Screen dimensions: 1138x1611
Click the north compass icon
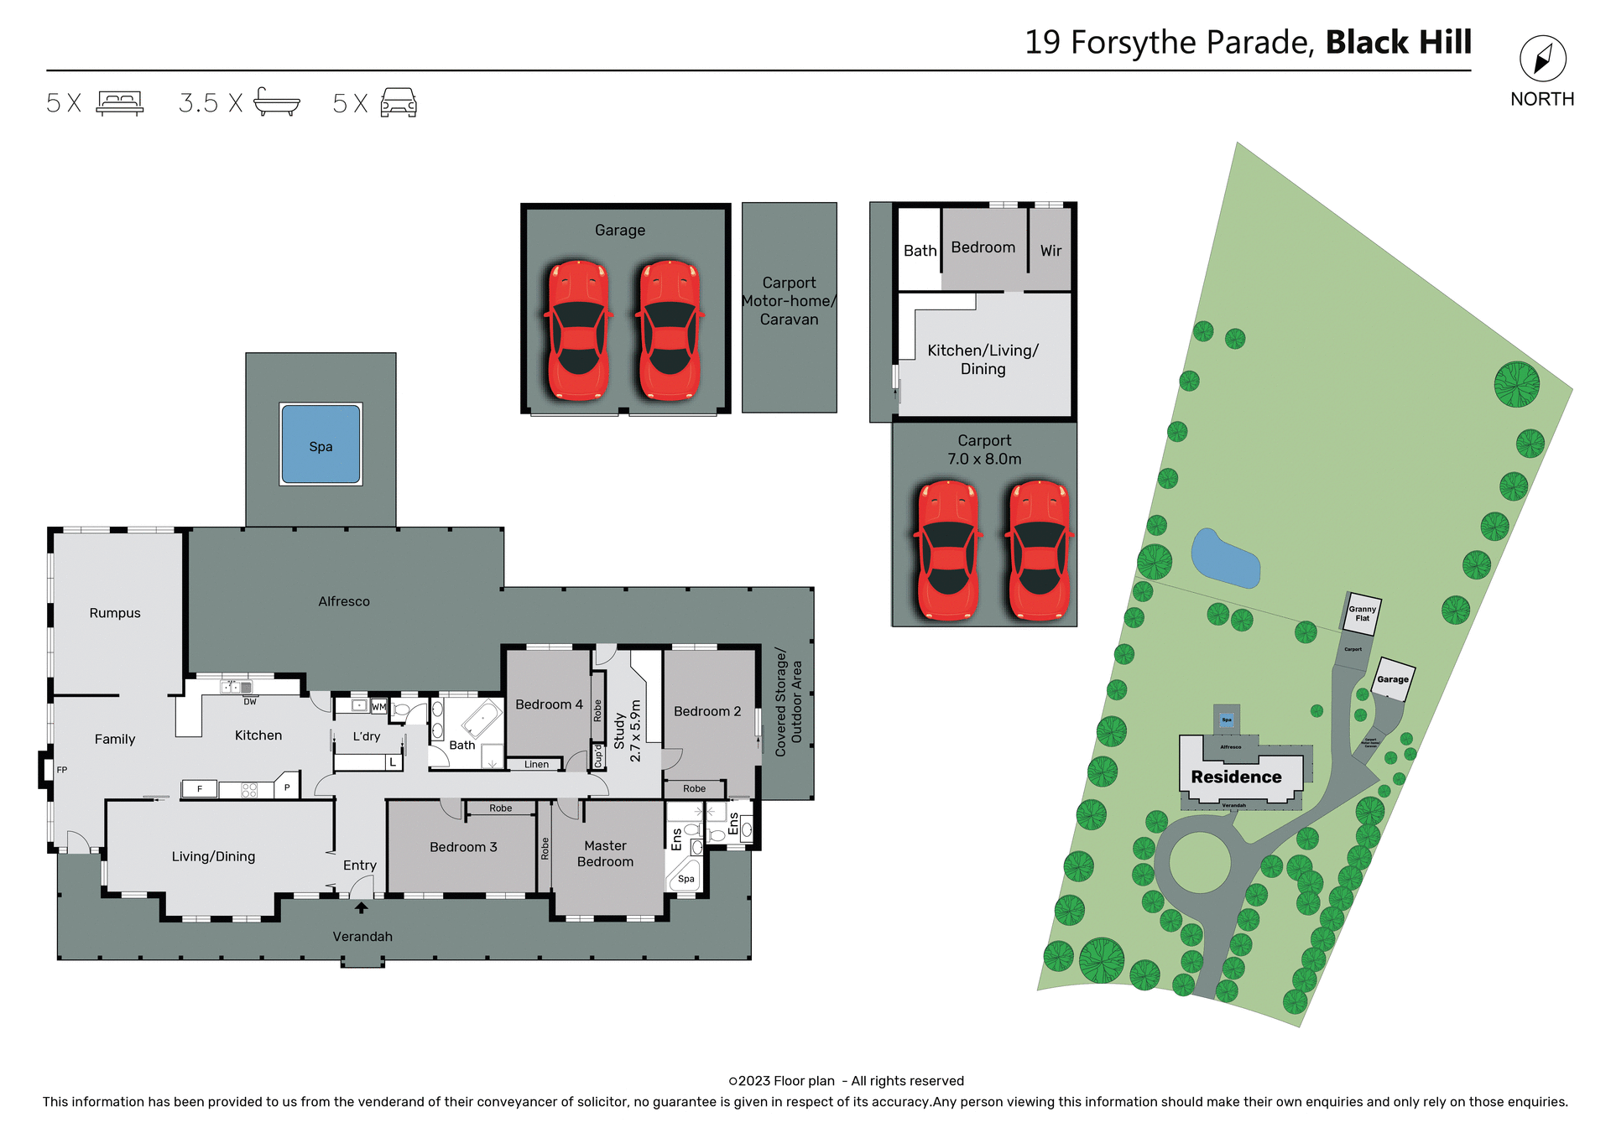click(x=1542, y=59)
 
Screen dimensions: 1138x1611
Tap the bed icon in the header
click(x=120, y=102)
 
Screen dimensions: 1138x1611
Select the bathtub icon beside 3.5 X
click(x=276, y=102)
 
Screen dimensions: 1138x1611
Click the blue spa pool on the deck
click(x=321, y=444)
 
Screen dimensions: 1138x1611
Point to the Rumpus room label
click(x=115, y=613)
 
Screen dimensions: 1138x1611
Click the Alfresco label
click(x=344, y=601)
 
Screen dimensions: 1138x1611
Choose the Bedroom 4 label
click(x=549, y=704)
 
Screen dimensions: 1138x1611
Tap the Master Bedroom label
click(x=605, y=854)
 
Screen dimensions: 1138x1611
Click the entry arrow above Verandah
click(x=361, y=907)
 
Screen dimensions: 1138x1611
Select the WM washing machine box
click(x=378, y=707)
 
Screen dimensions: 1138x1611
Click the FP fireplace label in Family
click(x=62, y=770)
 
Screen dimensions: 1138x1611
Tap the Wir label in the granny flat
click(x=1051, y=251)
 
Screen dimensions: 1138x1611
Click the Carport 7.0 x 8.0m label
click(x=984, y=449)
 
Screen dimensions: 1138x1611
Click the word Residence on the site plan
click(x=1236, y=777)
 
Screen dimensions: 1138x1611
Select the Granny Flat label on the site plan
click(x=1362, y=614)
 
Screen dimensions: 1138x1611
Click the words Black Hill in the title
click(x=1398, y=42)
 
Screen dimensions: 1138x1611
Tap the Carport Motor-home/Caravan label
click(x=789, y=301)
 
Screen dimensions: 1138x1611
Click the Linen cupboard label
click(x=536, y=764)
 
